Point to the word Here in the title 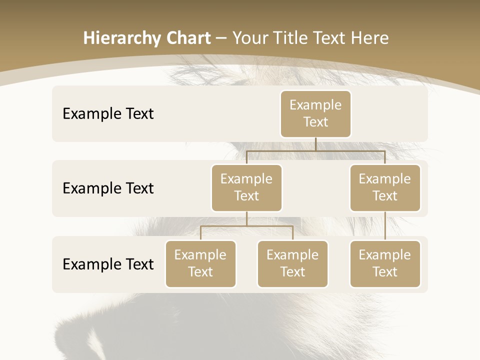point(369,38)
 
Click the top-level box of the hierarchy point(315,114)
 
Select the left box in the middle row point(246,188)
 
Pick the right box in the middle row point(385,188)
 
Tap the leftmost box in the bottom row point(200,264)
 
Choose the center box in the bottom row point(292,264)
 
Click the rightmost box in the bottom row point(385,264)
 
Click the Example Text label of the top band point(108,114)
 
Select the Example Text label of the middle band point(108,188)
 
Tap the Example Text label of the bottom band point(108,264)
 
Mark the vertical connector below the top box point(315,144)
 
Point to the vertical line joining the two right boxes point(385,226)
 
